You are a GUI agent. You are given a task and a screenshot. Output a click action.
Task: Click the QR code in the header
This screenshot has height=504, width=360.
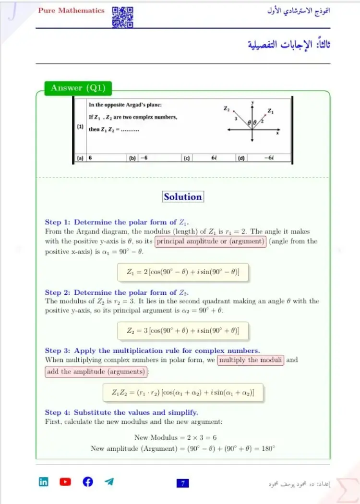point(122,17)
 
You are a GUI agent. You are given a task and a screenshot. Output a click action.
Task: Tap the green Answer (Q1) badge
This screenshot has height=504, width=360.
point(78,88)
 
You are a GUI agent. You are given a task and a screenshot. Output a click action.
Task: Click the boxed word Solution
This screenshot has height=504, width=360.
point(183,197)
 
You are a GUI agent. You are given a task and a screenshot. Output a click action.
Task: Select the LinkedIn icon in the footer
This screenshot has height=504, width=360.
point(44,482)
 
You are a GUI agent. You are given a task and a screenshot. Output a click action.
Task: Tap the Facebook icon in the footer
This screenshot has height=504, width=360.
point(88,482)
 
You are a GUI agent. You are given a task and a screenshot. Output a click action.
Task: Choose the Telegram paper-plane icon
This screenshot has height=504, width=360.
point(109,482)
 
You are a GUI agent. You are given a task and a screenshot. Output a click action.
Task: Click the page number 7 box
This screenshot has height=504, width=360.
point(183,483)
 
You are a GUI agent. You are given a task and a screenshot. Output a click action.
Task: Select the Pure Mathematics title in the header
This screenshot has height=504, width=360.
point(71,11)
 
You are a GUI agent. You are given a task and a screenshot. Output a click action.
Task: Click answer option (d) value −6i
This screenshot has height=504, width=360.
point(269,157)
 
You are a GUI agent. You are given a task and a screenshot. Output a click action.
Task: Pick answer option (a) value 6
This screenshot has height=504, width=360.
point(91,157)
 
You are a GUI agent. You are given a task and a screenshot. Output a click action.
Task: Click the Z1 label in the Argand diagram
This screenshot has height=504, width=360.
point(271,111)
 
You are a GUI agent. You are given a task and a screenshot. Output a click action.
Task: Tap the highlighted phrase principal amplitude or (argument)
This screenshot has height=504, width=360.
point(211,241)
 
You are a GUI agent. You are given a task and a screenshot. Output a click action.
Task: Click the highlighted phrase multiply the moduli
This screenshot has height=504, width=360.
point(251,360)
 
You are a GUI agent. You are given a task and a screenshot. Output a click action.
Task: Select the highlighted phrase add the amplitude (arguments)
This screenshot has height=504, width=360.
point(96,372)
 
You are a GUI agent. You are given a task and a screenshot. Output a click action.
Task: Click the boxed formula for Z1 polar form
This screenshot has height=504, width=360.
point(183,272)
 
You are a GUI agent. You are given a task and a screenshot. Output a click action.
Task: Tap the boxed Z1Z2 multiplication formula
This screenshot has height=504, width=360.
point(183,393)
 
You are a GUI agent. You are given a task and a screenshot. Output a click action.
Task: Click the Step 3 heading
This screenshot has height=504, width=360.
point(153,350)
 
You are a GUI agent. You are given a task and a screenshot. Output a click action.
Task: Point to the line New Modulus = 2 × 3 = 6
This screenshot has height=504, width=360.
point(183,437)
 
